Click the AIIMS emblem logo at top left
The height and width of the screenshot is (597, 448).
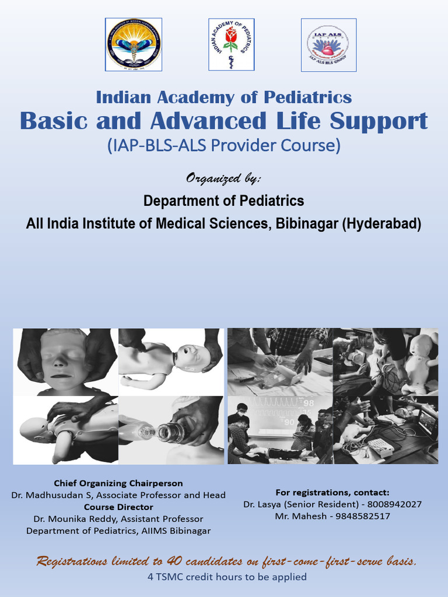coord(134,45)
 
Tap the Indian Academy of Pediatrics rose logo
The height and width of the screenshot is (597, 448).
coord(231,45)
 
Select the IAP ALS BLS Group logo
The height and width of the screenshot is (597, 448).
coord(328,45)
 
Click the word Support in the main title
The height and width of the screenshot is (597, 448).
coord(379,121)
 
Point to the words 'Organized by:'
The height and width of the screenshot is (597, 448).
coord(223,178)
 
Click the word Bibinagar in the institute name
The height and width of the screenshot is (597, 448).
coord(305,223)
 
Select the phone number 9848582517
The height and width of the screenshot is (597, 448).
coord(362,517)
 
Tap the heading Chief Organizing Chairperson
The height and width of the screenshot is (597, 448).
coord(118,483)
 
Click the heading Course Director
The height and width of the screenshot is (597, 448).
coord(118,507)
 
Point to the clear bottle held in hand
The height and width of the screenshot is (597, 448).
coord(170,431)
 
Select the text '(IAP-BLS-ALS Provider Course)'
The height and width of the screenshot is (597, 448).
coord(223,146)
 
